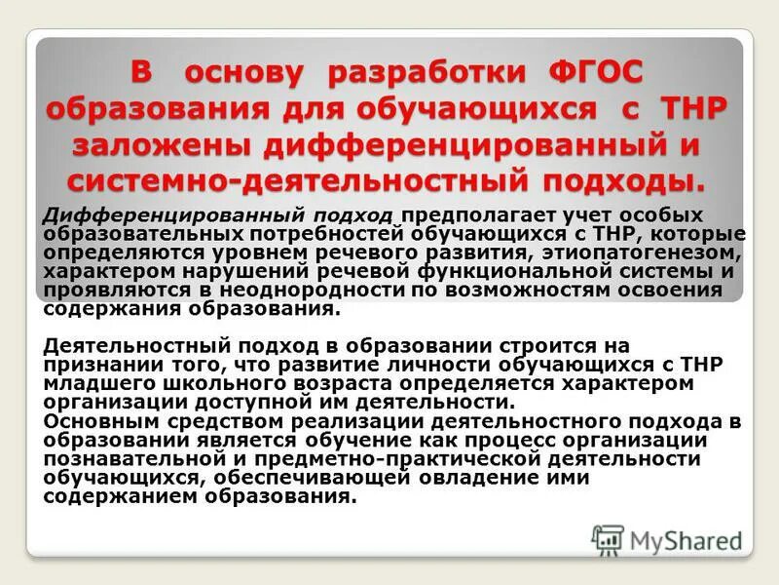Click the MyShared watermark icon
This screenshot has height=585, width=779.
pyautogui.click(x=608, y=539)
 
